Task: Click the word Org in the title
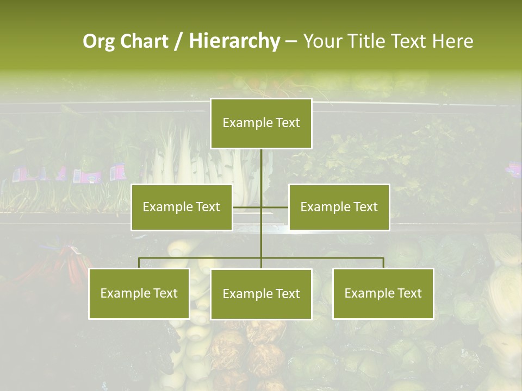98,41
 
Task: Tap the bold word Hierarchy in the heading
234,41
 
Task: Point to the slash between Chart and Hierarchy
178,41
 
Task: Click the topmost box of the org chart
261,123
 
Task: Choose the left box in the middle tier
182,207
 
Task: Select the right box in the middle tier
339,207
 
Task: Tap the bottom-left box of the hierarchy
139,293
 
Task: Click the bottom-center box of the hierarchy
261,294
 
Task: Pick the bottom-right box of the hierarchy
383,293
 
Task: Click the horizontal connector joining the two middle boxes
275,207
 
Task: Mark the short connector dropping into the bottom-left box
139,263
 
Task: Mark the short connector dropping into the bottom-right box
383,263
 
